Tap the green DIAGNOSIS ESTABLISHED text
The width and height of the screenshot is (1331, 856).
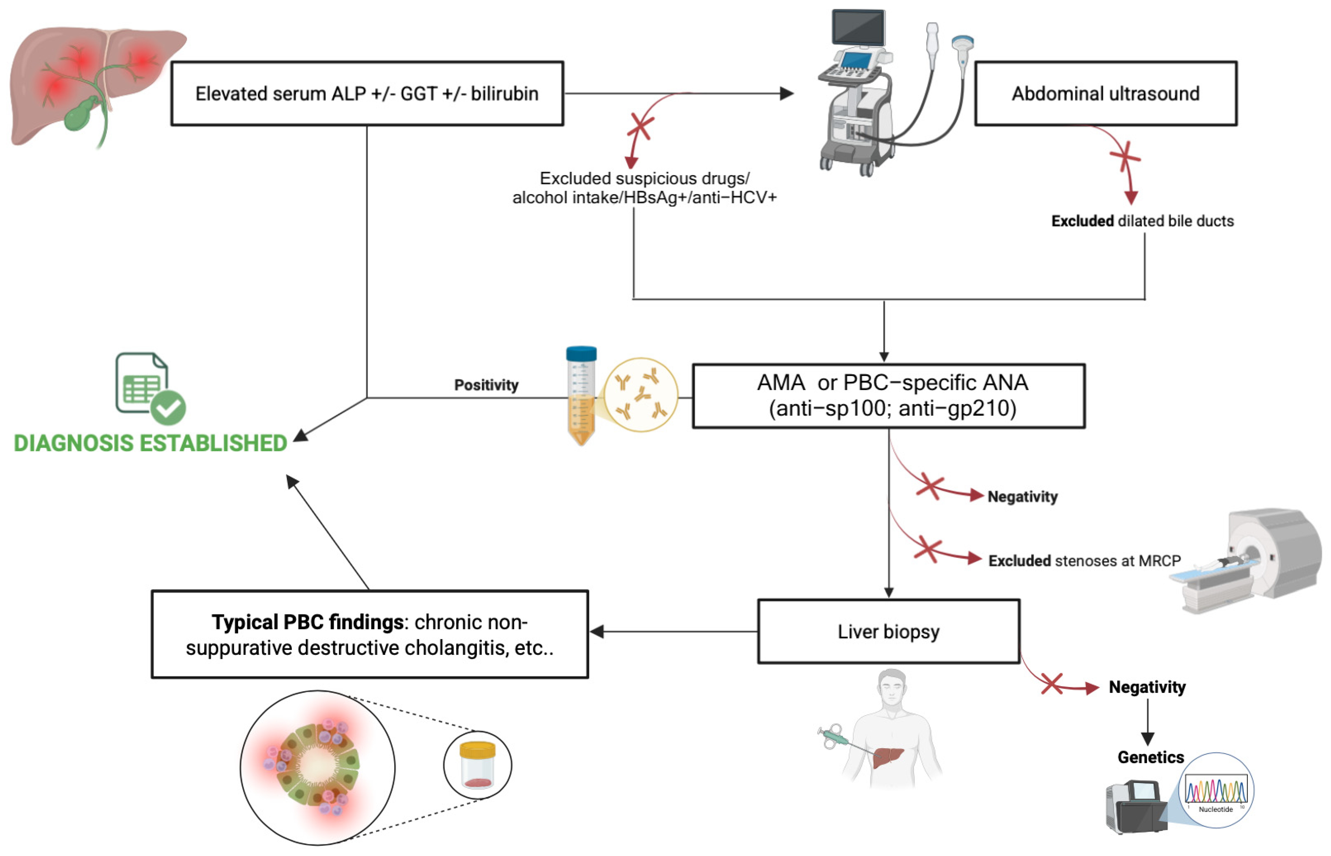point(150,443)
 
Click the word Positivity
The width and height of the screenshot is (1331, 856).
point(486,385)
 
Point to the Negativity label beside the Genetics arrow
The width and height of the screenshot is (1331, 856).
point(1147,687)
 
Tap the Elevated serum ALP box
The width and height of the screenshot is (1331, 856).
point(367,93)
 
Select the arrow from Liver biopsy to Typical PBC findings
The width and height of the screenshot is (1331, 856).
point(672,632)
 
